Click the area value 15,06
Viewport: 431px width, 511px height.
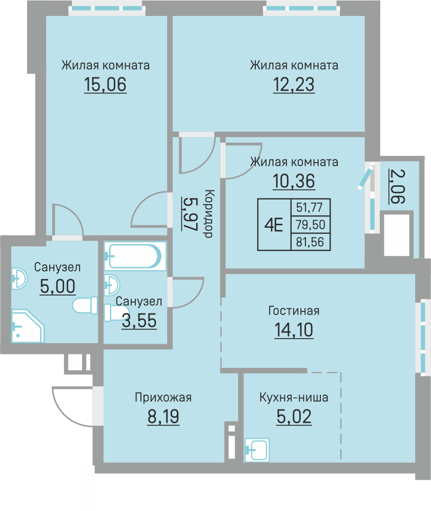[x=105, y=85]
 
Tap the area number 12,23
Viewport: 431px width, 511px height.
[x=294, y=85]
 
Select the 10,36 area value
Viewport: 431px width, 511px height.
[x=294, y=181]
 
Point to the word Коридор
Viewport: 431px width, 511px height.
[x=209, y=214]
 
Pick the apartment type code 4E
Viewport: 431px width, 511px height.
[x=274, y=225]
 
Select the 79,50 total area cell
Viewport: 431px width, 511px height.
[x=311, y=225]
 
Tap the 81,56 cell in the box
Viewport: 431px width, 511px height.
[x=310, y=242]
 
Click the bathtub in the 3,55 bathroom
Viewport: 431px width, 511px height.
[x=135, y=256]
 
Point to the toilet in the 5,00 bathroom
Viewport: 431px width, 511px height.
[x=85, y=305]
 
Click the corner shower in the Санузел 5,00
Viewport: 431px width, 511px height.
[x=28, y=326]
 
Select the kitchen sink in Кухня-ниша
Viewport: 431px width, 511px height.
[x=257, y=450]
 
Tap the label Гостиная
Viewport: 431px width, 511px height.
[x=294, y=311]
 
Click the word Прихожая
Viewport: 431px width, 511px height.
[x=163, y=398]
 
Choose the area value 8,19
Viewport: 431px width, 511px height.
[x=163, y=417]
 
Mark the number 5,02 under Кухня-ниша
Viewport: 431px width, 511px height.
[x=294, y=417]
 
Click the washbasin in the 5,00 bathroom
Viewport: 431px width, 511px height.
[x=19, y=279]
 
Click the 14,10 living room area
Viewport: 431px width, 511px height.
[x=294, y=330]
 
